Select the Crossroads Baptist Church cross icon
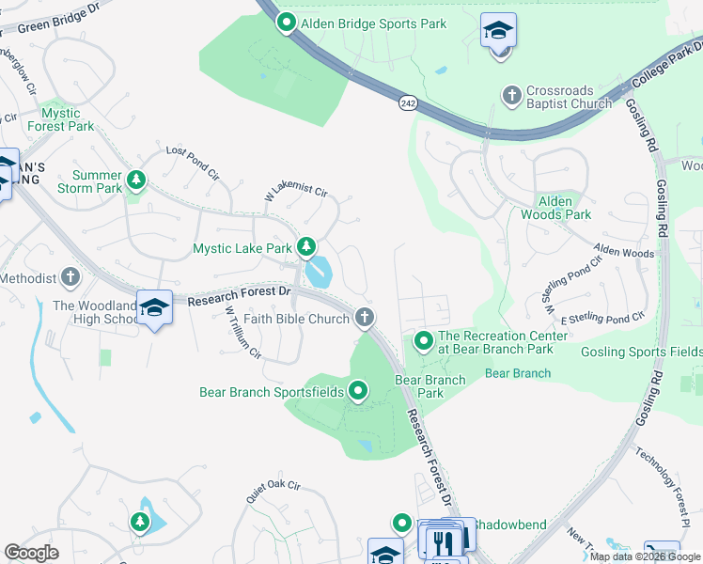tap(511, 95)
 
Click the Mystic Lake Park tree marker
tap(305, 248)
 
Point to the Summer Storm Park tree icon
tap(136, 179)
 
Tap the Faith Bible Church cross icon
tap(365, 319)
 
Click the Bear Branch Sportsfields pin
tap(357, 391)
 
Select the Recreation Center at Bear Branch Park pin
tap(423, 341)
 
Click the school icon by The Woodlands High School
tap(154, 306)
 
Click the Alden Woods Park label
tap(563, 208)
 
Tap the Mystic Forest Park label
tap(61, 118)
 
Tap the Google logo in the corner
tap(32, 553)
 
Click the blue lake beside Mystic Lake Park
tap(319, 272)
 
